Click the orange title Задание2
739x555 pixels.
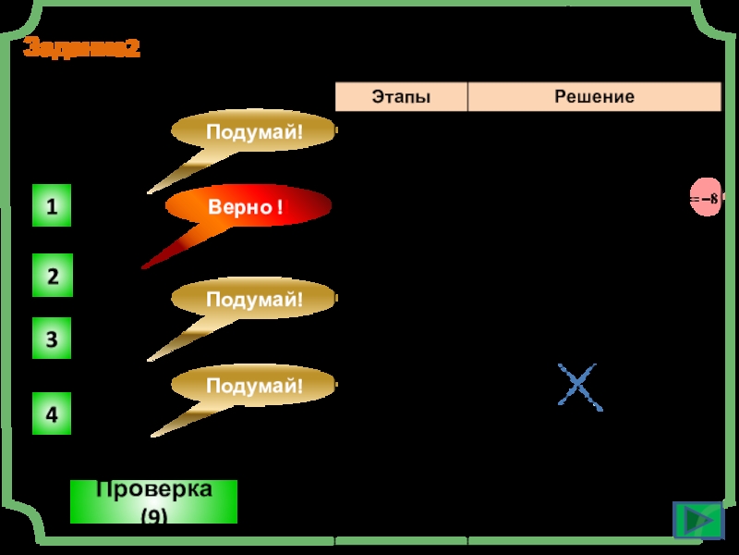pyautogui.click(x=81, y=49)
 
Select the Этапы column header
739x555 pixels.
pyautogui.click(x=401, y=96)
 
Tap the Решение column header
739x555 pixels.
pyautogui.click(x=594, y=96)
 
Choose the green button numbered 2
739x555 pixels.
pyautogui.click(x=52, y=276)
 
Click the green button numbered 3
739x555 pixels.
pyautogui.click(x=52, y=339)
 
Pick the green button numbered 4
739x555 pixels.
pyautogui.click(x=52, y=414)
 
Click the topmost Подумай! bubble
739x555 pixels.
pyautogui.click(x=254, y=132)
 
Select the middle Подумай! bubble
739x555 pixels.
pyautogui.click(x=254, y=299)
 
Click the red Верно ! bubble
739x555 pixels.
pyautogui.click(x=248, y=207)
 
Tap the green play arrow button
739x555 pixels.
pyautogui.click(x=698, y=520)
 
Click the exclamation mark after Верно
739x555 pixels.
pyautogui.click(x=279, y=208)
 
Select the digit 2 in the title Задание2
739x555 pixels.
pyautogui.click(x=134, y=49)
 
